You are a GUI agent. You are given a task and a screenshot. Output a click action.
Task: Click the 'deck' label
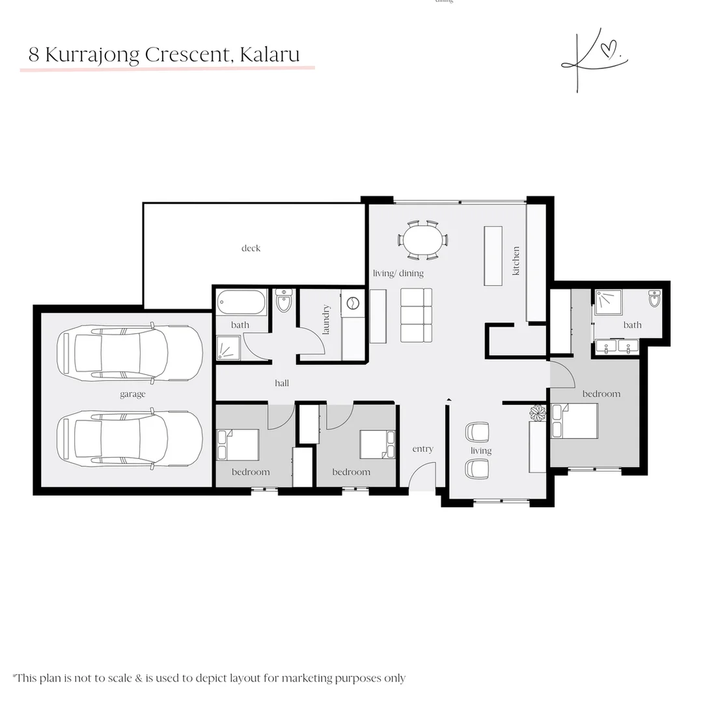251,248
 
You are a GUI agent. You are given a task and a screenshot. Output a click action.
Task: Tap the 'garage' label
132,394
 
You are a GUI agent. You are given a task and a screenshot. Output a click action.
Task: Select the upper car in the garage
129,352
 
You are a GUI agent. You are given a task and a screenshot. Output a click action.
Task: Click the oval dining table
422,240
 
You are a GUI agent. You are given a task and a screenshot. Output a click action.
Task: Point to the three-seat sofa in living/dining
416,315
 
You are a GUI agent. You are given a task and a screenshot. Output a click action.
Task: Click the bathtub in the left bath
241,303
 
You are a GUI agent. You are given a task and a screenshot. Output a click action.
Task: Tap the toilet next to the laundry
284,301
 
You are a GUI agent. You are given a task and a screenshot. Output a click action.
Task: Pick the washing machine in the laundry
353,303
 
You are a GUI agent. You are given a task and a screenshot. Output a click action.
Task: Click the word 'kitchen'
516,260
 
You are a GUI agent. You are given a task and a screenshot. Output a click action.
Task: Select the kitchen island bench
493,256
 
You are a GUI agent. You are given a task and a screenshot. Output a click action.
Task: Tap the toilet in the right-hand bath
654,299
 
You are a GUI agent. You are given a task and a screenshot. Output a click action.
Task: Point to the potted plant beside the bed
538,412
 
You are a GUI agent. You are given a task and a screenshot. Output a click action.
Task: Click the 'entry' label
422,449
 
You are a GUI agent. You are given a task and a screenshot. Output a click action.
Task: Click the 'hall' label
282,383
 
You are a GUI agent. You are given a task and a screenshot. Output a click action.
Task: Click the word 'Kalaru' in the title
270,55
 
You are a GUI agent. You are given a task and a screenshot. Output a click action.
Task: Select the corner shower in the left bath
228,348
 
